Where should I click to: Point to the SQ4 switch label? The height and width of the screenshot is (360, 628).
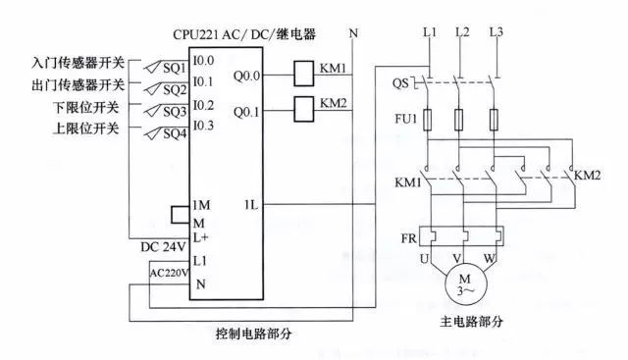click(x=175, y=133)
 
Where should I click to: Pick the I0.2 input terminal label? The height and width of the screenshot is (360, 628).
click(x=204, y=104)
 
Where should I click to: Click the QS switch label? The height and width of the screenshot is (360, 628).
click(x=399, y=82)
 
